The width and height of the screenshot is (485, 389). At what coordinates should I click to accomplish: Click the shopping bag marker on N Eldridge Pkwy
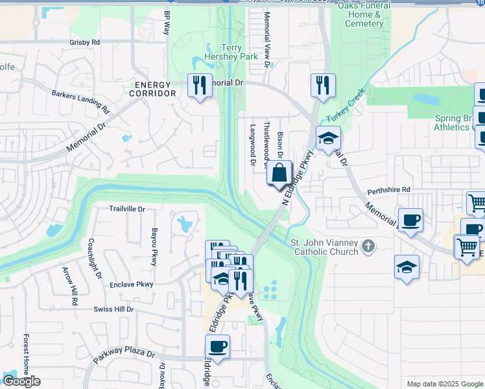tap(279, 174)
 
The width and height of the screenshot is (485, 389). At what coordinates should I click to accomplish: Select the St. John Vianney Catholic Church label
tap(324, 247)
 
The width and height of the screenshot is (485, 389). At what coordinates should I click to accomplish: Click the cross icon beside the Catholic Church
tap(368, 246)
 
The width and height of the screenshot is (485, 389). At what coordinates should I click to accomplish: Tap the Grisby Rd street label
tap(84, 42)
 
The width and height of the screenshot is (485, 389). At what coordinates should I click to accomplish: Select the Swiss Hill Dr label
tap(113, 309)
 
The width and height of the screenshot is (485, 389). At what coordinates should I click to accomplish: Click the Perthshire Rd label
tap(389, 189)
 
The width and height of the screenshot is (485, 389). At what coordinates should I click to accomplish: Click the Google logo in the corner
tap(21, 381)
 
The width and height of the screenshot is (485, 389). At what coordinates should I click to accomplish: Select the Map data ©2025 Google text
tap(445, 384)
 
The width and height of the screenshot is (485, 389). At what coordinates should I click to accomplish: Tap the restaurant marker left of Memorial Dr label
tap(199, 85)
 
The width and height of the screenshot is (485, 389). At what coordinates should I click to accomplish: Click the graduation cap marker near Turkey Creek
tap(328, 138)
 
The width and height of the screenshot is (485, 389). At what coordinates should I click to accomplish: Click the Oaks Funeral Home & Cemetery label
tap(364, 14)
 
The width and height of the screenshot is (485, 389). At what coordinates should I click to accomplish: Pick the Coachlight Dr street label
tap(94, 259)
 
